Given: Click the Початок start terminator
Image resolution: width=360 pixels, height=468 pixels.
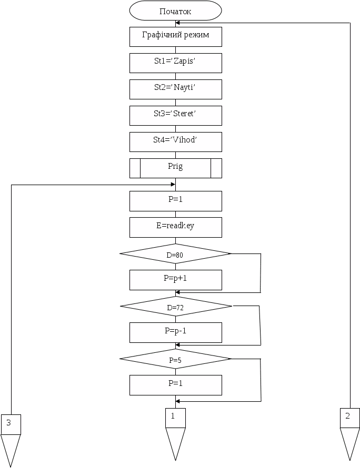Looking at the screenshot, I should coord(175,11).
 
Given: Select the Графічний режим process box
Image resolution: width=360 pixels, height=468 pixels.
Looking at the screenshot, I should coord(175,36).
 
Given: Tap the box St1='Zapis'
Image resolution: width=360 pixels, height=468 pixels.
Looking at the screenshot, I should coord(175,63).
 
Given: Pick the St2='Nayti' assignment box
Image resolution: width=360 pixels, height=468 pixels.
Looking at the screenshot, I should coord(175,88).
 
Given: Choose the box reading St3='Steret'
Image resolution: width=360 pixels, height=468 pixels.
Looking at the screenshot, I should coord(175,115).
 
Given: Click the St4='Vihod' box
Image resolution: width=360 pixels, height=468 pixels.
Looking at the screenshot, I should coord(175,141).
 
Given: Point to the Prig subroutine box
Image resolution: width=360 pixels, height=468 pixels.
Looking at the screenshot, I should coord(175,167).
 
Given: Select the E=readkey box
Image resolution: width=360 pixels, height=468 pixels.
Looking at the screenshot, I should coord(175,227).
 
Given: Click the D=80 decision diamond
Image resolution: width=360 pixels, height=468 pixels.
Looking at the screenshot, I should coord(175,254).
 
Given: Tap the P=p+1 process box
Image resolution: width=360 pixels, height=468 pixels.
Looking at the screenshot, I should coord(175,279).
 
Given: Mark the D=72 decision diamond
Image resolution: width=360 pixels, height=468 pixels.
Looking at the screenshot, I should coord(175,307).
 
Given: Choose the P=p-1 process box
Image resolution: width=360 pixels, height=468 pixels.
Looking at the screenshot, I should coord(175,332).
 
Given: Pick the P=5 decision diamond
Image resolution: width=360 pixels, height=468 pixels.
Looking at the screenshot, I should coord(175,360).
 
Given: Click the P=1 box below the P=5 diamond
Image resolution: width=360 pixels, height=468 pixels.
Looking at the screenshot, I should coord(175,384).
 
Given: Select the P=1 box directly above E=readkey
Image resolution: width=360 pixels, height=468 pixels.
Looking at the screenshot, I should coord(175,200).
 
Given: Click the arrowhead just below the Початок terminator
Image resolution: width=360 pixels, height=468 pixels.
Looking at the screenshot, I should coord(178,23).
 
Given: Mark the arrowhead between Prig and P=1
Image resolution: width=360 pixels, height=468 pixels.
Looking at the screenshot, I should coord(172,184).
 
